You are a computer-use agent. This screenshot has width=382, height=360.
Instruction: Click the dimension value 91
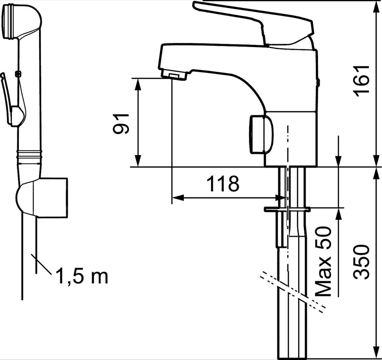click(x=121, y=123)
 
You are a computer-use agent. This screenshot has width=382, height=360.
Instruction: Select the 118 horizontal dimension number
click(x=223, y=183)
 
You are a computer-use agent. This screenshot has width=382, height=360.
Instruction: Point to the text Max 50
click(x=324, y=261)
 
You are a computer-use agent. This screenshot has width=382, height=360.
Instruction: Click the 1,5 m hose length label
click(x=82, y=276)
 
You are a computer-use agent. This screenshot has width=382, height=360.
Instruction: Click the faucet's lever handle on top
click(x=253, y=23)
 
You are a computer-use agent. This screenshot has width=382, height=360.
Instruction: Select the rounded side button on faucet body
click(x=261, y=134)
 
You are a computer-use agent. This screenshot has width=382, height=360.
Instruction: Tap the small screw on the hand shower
click(x=18, y=74)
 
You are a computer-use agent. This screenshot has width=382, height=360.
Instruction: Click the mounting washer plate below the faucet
click(x=287, y=209)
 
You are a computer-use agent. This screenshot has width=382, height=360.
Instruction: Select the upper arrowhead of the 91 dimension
click(x=138, y=84)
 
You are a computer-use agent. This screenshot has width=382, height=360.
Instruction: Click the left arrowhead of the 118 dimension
click(x=178, y=198)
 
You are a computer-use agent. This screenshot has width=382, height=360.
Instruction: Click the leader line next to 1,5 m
click(x=41, y=265)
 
